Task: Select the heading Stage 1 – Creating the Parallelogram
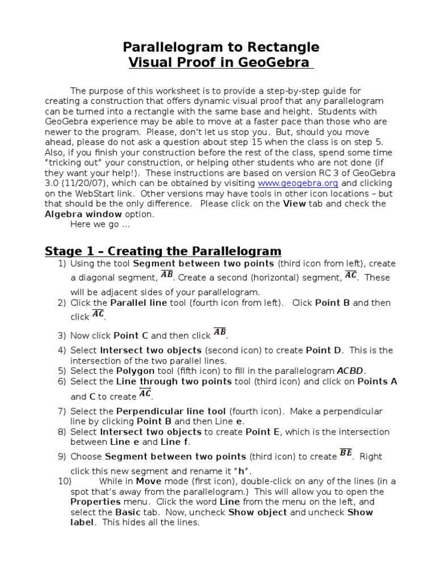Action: [163, 251]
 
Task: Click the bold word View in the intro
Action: [294, 204]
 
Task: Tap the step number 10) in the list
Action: [64, 481]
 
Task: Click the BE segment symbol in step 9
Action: [346, 453]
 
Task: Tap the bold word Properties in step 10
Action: [95, 502]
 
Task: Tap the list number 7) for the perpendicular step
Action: [62, 411]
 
